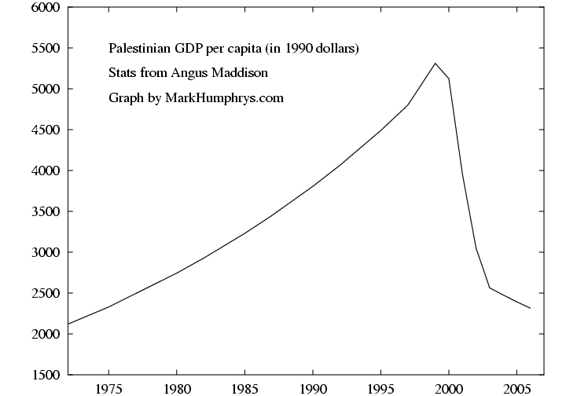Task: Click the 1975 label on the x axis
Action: click(x=109, y=388)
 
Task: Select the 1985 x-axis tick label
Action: click(x=245, y=388)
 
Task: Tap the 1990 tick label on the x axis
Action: click(x=313, y=388)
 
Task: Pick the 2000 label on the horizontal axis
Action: click(x=449, y=388)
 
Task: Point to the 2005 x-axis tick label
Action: click(x=516, y=388)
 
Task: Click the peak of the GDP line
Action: click(x=435, y=63)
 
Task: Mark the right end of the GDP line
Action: click(x=530, y=308)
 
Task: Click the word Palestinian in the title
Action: click(x=138, y=49)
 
